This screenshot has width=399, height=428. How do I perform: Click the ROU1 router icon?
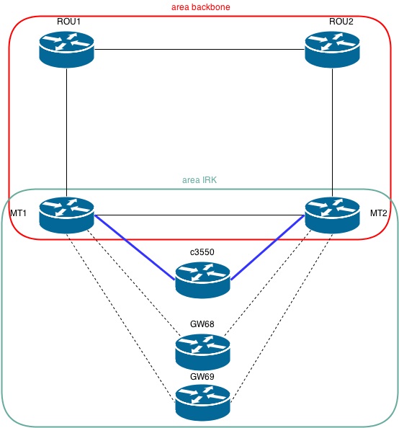coord(66,49)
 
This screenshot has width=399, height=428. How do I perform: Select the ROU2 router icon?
coord(331,49)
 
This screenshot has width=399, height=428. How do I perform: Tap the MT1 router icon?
coord(66,215)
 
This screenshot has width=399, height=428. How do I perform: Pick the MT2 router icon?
coord(331,215)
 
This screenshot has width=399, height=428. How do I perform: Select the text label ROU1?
coord(68,21)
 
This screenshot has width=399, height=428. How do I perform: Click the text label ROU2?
coord(341,21)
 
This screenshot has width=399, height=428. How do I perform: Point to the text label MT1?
coord(18,214)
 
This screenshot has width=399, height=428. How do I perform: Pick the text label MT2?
coord(379,214)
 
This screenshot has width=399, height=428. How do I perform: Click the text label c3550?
coord(202,252)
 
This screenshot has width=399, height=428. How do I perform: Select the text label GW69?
coord(202,377)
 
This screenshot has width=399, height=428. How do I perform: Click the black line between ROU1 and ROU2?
coord(199,49)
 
